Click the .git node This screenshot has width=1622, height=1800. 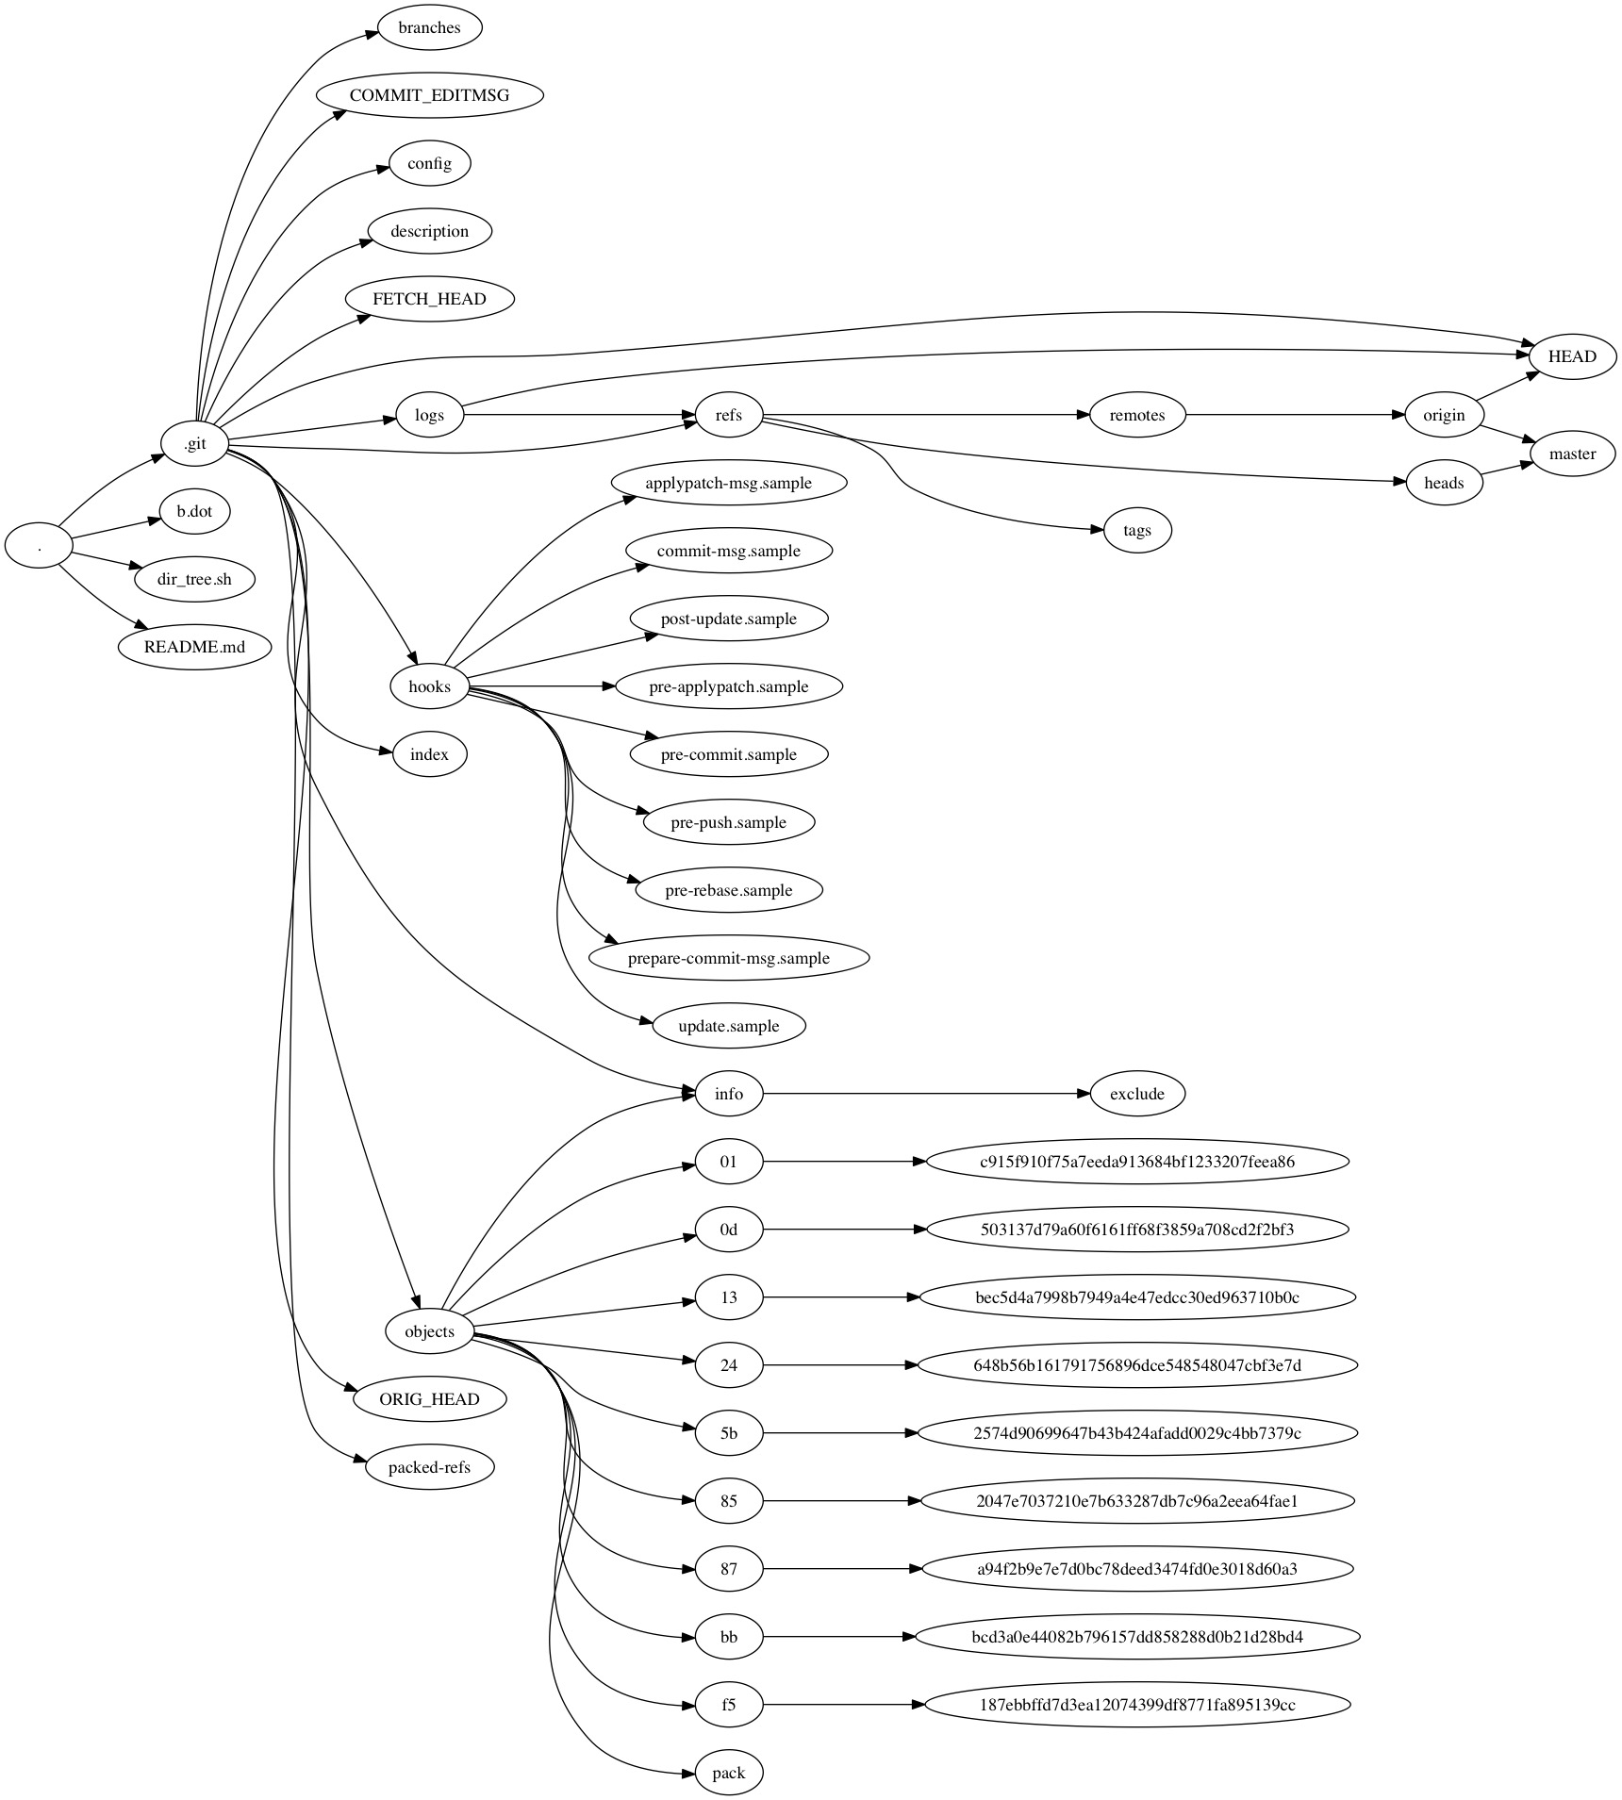pyautogui.click(x=195, y=443)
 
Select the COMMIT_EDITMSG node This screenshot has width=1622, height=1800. pyautogui.click(x=429, y=95)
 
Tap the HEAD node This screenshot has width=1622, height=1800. pyautogui.click(x=1572, y=356)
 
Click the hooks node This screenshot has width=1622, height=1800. pyautogui.click(x=429, y=686)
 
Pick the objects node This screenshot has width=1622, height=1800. pyautogui.click(x=429, y=1331)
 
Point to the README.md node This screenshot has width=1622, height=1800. pyautogui.click(x=195, y=647)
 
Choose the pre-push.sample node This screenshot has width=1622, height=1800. pyautogui.click(x=728, y=822)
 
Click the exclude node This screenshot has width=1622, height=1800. pyautogui.click(x=1136, y=1094)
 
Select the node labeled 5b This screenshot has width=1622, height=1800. pyautogui.click(x=728, y=1433)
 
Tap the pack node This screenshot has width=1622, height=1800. pyautogui.click(x=728, y=1773)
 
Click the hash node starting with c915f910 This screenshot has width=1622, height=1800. pyautogui.click(x=1136, y=1162)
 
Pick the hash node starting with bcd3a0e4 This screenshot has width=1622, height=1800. pyautogui.click(x=1136, y=1637)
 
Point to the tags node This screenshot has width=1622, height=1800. pyautogui.click(x=1136, y=530)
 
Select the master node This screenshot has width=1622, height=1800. pyautogui.click(x=1572, y=454)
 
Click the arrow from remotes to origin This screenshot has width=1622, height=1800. pyautogui.click(x=1292, y=415)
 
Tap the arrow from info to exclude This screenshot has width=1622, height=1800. pyautogui.click(x=924, y=1094)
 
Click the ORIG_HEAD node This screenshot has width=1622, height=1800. pyautogui.click(x=429, y=1399)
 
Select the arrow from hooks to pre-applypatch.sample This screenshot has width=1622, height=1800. pyautogui.click(x=542, y=686)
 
